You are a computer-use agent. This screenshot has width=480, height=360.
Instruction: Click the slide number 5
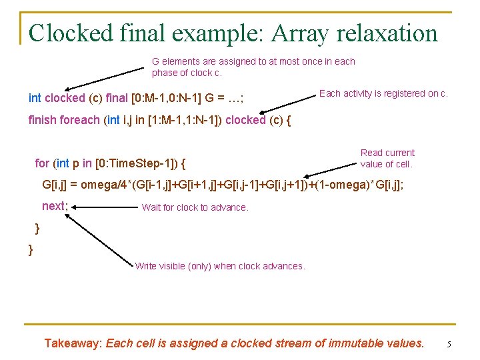coord(449,345)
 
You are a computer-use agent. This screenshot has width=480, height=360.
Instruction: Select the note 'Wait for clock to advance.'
coord(195,207)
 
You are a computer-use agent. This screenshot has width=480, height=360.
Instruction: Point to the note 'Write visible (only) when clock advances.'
coord(220,266)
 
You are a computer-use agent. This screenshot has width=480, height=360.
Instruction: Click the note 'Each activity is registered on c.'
coord(383,93)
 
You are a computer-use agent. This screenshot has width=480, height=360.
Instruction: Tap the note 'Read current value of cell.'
coord(387,158)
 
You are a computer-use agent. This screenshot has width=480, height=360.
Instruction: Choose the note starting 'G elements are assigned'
coord(253,67)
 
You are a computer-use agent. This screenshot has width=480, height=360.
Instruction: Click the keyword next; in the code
coord(55,206)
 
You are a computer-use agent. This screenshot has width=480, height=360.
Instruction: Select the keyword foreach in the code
coord(79,121)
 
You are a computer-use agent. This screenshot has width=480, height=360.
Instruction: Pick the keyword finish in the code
coord(42,121)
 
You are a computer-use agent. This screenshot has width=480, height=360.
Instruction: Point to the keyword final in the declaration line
coord(117,98)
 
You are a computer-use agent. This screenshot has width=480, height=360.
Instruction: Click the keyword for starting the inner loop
coord(41,163)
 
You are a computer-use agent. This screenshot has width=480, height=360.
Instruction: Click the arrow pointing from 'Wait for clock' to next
coord(106,207)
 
